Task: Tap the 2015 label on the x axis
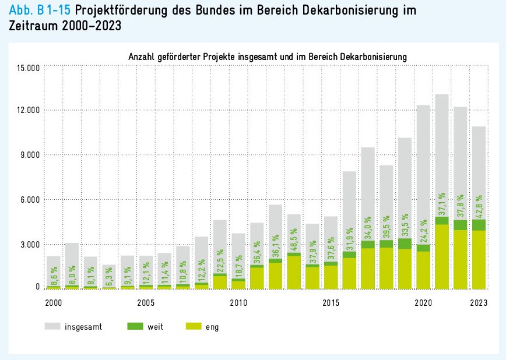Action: coord(331,303)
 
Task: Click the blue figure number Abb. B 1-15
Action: coord(40,11)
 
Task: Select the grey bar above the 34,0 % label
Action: coord(368,175)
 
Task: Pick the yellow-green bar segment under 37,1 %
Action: coord(442,256)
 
